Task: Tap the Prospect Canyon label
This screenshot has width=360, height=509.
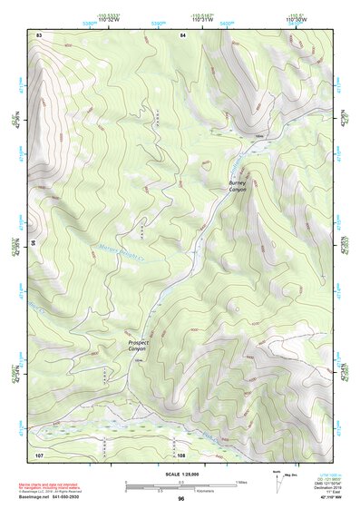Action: (137, 346)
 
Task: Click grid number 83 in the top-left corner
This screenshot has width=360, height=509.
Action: (39, 34)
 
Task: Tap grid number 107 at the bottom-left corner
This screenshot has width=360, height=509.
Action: (39, 454)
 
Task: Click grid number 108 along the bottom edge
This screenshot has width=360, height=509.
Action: (181, 454)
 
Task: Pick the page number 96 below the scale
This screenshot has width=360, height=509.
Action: (180, 499)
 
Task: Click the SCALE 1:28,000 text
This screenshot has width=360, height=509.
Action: (180, 474)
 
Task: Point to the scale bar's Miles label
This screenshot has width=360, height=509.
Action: (241, 481)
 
